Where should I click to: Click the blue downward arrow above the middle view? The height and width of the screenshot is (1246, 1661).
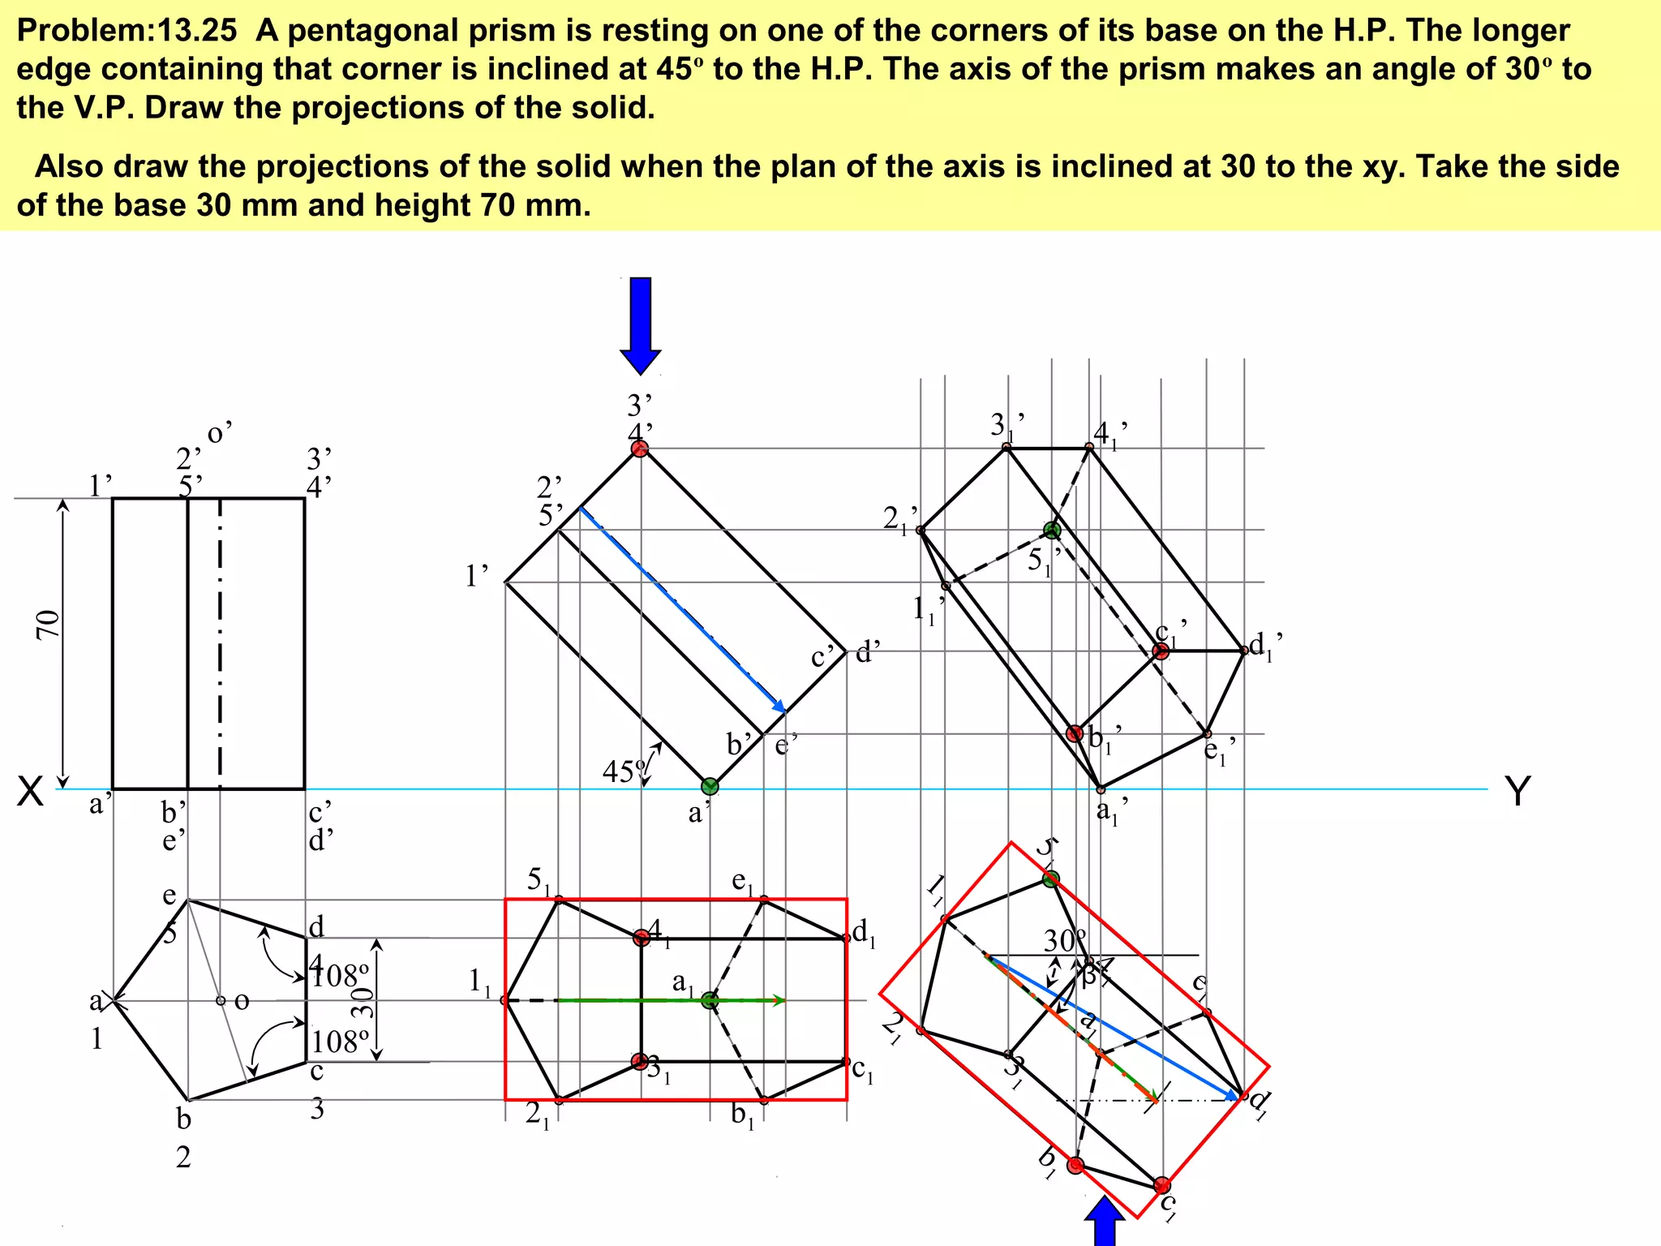[640, 325]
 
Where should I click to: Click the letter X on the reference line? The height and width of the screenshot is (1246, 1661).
[30, 792]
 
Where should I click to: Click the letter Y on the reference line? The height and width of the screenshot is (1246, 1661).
[1517, 791]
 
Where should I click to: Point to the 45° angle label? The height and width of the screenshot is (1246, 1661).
[624, 771]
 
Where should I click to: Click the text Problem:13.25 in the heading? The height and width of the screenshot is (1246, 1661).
[127, 31]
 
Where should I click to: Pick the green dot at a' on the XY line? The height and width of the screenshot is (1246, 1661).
[710, 786]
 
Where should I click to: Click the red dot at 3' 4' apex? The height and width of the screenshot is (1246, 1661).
[640, 449]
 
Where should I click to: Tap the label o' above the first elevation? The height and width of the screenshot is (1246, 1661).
[220, 433]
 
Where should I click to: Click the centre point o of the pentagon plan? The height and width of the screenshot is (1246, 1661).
[221, 1000]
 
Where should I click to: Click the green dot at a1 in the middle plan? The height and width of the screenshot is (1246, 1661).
[710, 1000]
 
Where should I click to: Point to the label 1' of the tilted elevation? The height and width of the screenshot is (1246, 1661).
[477, 576]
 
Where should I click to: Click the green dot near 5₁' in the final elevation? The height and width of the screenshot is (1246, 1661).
[1052, 531]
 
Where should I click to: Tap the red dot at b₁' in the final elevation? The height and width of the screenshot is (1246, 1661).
[1075, 733]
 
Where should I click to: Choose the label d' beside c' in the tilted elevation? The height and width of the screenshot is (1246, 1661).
[868, 651]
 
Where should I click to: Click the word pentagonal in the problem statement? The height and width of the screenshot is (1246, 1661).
[367, 31]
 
